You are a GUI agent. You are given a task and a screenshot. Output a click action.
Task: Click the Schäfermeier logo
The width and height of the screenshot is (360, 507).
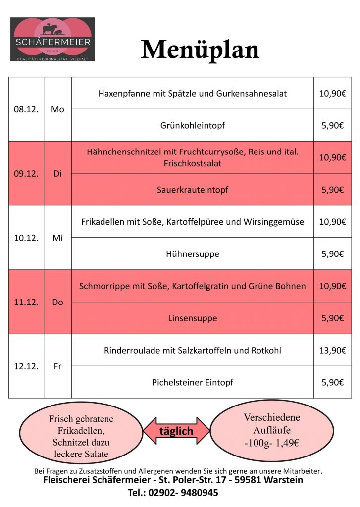(x=52, y=40)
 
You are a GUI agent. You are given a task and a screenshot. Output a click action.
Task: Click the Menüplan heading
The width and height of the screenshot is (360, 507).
(x=200, y=50)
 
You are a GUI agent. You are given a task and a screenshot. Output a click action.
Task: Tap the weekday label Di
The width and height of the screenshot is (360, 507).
(x=57, y=174)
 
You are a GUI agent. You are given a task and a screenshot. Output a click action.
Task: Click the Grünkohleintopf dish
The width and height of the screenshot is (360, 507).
(x=192, y=125)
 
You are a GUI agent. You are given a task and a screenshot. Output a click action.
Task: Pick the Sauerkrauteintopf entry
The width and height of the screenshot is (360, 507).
(x=192, y=190)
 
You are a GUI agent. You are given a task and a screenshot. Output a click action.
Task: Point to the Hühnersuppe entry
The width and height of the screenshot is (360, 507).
(x=192, y=254)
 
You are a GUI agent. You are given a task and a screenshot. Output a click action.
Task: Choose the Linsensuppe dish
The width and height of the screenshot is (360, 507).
(x=192, y=318)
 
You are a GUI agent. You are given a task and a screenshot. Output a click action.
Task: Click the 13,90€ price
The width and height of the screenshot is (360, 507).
(x=332, y=350)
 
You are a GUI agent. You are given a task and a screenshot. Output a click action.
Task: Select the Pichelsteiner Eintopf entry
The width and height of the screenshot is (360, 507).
(x=192, y=382)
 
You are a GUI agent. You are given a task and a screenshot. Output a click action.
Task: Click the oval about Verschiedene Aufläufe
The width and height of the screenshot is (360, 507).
(x=272, y=430)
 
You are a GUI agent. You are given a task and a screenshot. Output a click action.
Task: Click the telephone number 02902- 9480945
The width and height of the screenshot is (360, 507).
(x=180, y=493)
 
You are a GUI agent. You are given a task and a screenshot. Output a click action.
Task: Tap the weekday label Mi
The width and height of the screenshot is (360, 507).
(x=57, y=238)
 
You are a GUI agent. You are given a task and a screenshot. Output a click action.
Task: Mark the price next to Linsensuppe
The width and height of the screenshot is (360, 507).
(x=332, y=318)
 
